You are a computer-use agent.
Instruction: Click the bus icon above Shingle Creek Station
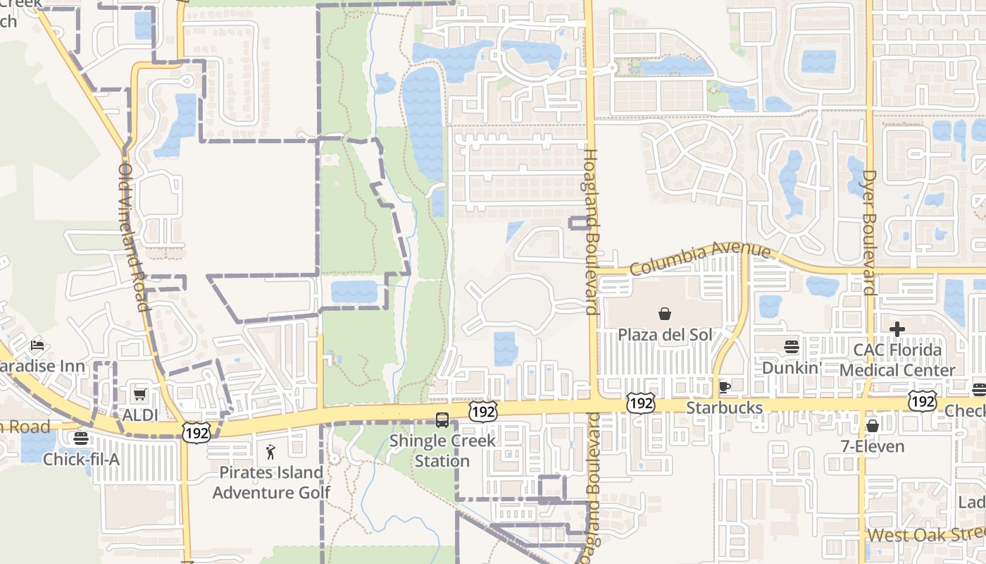(x=442, y=420)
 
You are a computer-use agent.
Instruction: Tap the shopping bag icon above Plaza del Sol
(x=664, y=314)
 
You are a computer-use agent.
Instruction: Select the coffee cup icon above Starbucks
(x=724, y=387)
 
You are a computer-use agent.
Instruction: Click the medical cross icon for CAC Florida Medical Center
(x=897, y=329)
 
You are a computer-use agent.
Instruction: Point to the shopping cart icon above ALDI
(x=140, y=394)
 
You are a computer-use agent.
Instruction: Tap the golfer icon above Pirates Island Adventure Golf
(x=270, y=452)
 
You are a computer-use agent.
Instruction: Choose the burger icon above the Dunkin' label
(x=792, y=347)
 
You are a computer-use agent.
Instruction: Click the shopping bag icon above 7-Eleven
(x=872, y=425)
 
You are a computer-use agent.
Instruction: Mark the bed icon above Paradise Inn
(x=37, y=345)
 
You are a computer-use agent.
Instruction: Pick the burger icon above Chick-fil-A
(x=81, y=439)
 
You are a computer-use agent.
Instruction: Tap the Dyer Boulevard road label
(x=869, y=232)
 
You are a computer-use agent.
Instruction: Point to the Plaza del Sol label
(x=665, y=334)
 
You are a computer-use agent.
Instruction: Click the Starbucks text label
(x=725, y=408)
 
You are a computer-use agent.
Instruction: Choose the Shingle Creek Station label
(x=442, y=450)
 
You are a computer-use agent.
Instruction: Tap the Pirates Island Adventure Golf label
(x=271, y=482)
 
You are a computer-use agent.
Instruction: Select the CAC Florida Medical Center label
(x=897, y=360)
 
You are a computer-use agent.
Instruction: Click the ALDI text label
(x=141, y=415)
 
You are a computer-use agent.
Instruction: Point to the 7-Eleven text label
(x=873, y=446)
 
